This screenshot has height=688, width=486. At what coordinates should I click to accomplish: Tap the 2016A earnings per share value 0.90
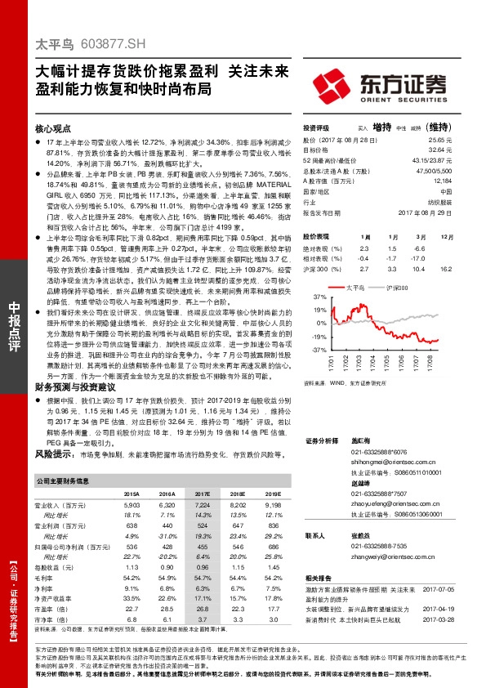(167, 566)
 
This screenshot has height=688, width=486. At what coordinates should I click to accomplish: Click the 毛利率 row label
(47, 577)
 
